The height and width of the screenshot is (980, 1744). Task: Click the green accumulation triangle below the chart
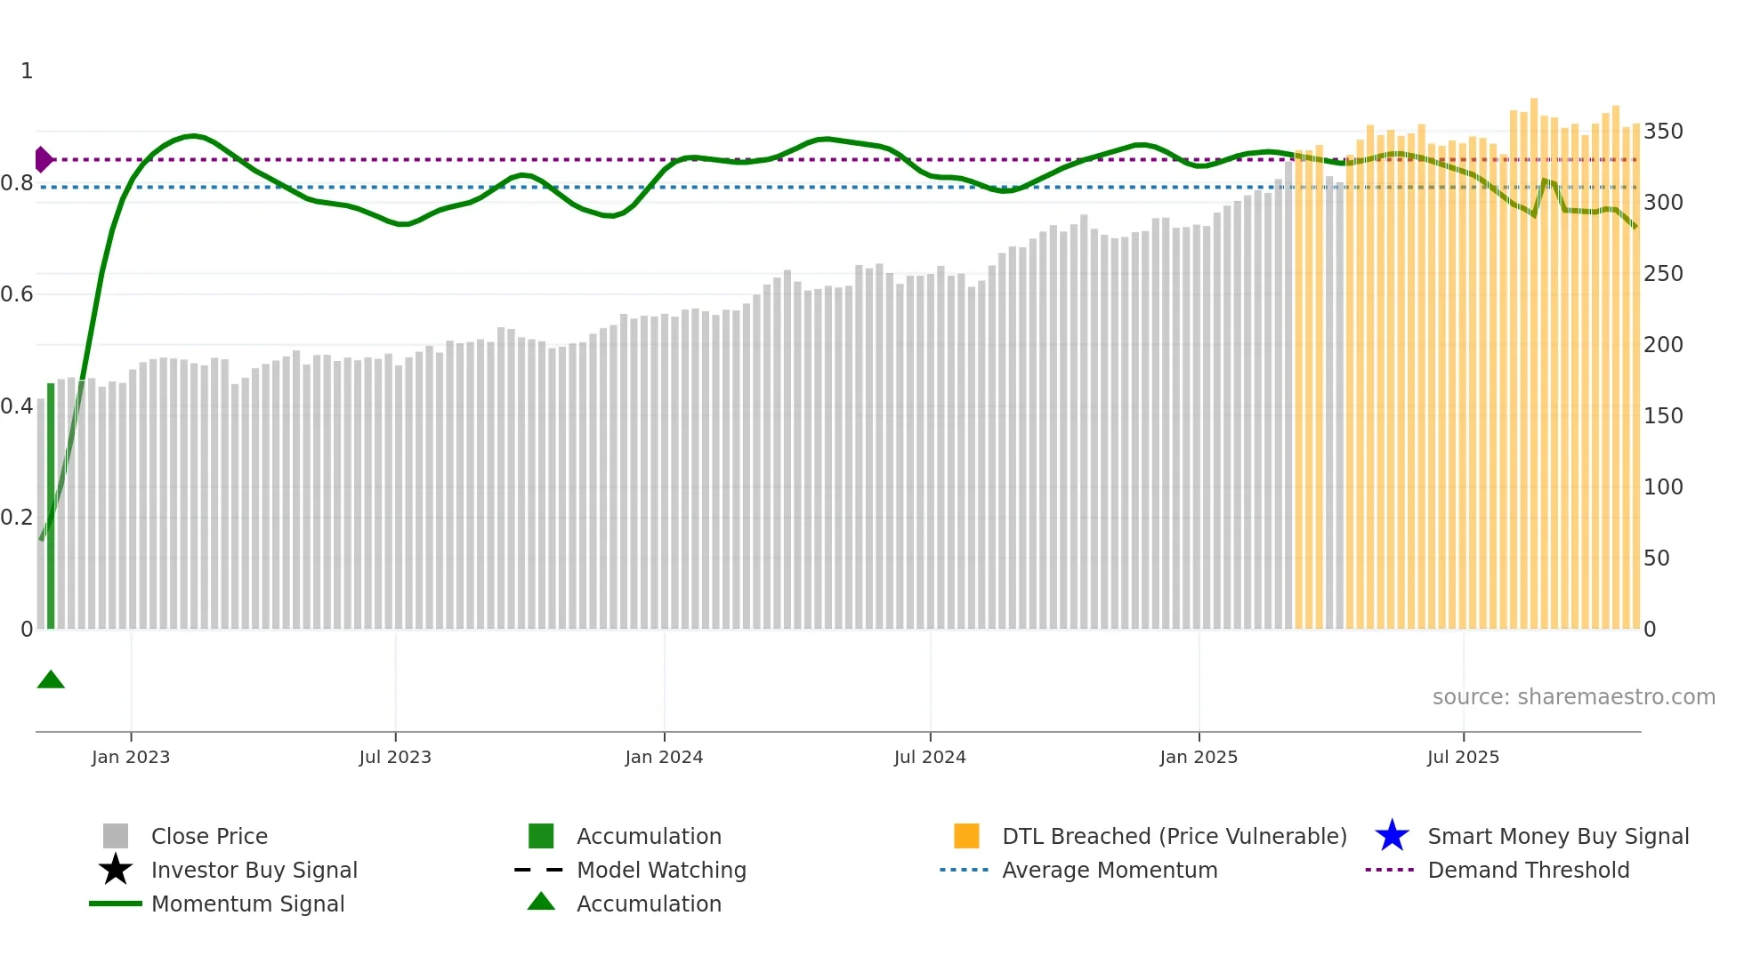pyautogui.click(x=51, y=680)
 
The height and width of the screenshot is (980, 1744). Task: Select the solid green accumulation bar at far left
pyautogui.click(x=51, y=507)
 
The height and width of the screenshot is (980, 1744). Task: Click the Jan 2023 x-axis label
pyautogui.click(x=131, y=757)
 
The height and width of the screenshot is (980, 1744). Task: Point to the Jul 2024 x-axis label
pyautogui.click(x=930, y=757)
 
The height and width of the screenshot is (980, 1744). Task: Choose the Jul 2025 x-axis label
pyautogui.click(x=1463, y=757)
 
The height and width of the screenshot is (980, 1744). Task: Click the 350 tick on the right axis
pyautogui.click(x=1663, y=132)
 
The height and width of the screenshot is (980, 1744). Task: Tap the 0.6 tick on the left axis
pyautogui.click(x=17, y=294)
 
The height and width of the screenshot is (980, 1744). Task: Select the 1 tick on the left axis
pyautogui.click(x=27, y=71)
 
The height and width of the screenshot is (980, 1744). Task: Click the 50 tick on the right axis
pyautogui.click(x=1657, y=558)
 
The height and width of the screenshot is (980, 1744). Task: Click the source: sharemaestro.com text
pyautogui.click(x=1573, y=697)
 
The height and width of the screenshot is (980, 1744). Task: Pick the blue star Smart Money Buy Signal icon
pyautogui.click(x=1392, y=836)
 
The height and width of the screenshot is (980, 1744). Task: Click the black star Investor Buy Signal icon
pyautogui.click(x=116, y=870)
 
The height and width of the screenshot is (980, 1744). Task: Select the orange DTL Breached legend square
pyautogui.click(x=966, y=836)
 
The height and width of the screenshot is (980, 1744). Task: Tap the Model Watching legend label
pyautogui.click(x=661, y=870)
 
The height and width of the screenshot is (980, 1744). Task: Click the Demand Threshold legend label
pyautogui.click(x=1528, y=870)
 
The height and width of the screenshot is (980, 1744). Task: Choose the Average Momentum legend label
pyautogui.click(x=1110, y=870)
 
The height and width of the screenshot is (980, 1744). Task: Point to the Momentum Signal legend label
pyautogui.click(x=247, y=904)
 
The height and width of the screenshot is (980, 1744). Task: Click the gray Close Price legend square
pyautogui.click(x=116, y=836)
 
